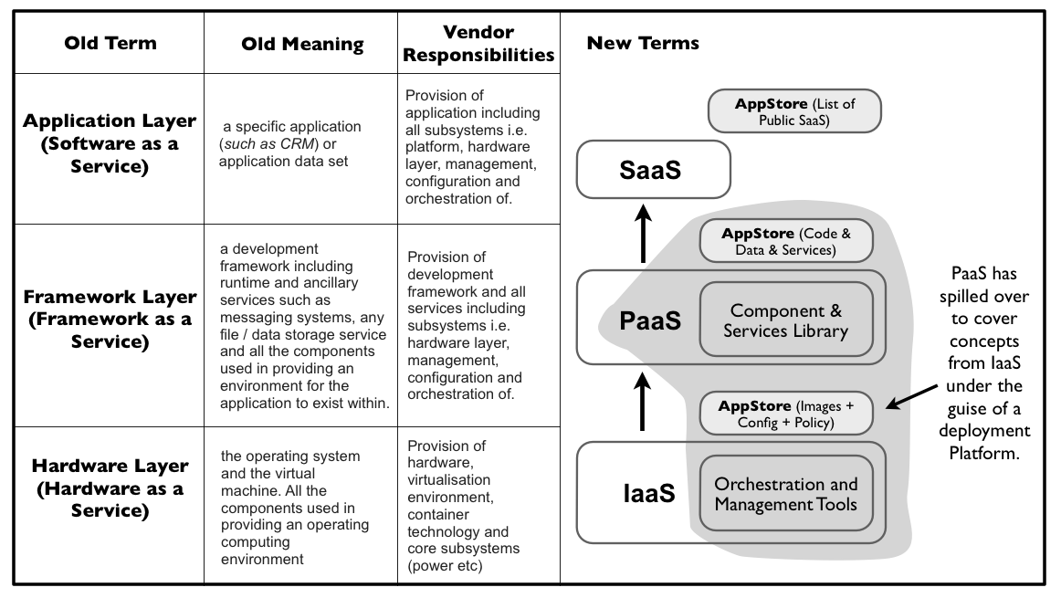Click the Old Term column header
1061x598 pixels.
(x=110, y=43)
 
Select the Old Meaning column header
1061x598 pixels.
(x=302, y=44)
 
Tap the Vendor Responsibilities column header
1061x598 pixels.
(x=478, y=44)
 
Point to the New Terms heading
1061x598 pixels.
(x=643, y=43)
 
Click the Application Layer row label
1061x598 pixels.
(x=110, y=144)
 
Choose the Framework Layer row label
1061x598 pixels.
(x=110, y=320)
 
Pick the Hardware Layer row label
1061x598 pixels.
(x=110, y=488)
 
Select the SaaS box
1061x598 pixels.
(x=652, y=171)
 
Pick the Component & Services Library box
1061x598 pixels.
(x=785, y=320)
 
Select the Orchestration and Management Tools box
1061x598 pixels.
(x=785, y=494)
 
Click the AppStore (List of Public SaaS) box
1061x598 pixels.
(x=794, y=111)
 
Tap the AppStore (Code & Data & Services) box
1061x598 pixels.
(x=785, y=241)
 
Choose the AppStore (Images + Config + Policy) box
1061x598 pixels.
(x=785, y=414)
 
